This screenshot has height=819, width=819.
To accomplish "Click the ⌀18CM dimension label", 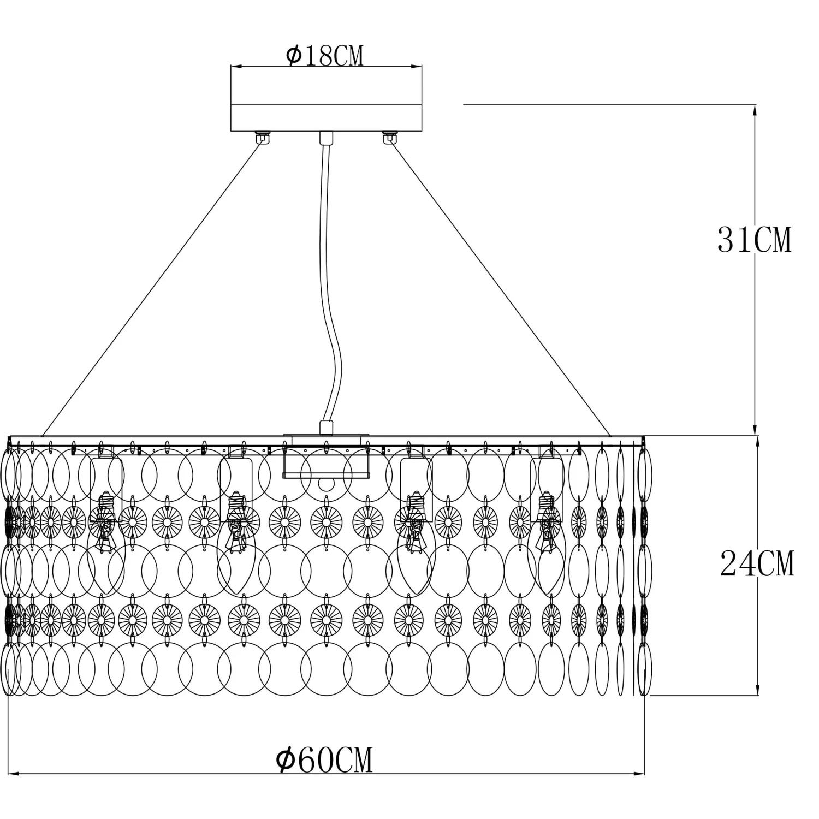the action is [324, 56].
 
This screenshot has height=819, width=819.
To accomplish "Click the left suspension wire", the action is [151, 288].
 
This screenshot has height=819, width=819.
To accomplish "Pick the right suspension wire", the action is [500, 288].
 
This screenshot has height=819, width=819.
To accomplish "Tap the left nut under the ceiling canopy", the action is [263, 136].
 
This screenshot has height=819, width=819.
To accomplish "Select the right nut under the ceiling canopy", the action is [389, 136].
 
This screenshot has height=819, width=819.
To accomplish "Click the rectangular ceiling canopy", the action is [327, 99].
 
